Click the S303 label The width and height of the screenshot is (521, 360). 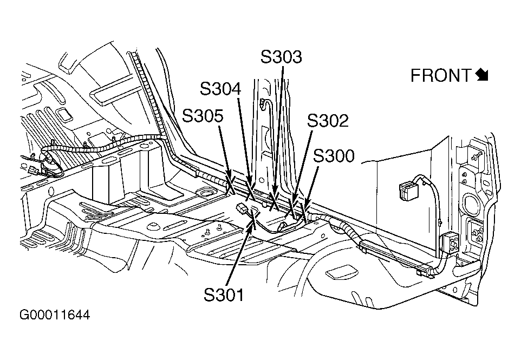click(281, 57)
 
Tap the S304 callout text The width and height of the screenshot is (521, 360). click(220, 89)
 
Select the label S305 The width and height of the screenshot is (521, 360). click(203, 116)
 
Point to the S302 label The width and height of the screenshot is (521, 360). click(328, 121)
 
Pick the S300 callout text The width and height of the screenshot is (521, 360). click(334, 156)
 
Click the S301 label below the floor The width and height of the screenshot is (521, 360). click(224, 294)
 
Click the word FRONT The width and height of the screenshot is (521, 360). click(441, 75)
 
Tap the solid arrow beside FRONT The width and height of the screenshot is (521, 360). click(482, 75)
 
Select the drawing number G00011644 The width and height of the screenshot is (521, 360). click(55, 315)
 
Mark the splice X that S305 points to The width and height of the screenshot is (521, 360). click(230, 182)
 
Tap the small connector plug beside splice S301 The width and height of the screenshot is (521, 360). click(242, 210)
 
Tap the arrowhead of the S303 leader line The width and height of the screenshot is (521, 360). click(275, 199)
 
